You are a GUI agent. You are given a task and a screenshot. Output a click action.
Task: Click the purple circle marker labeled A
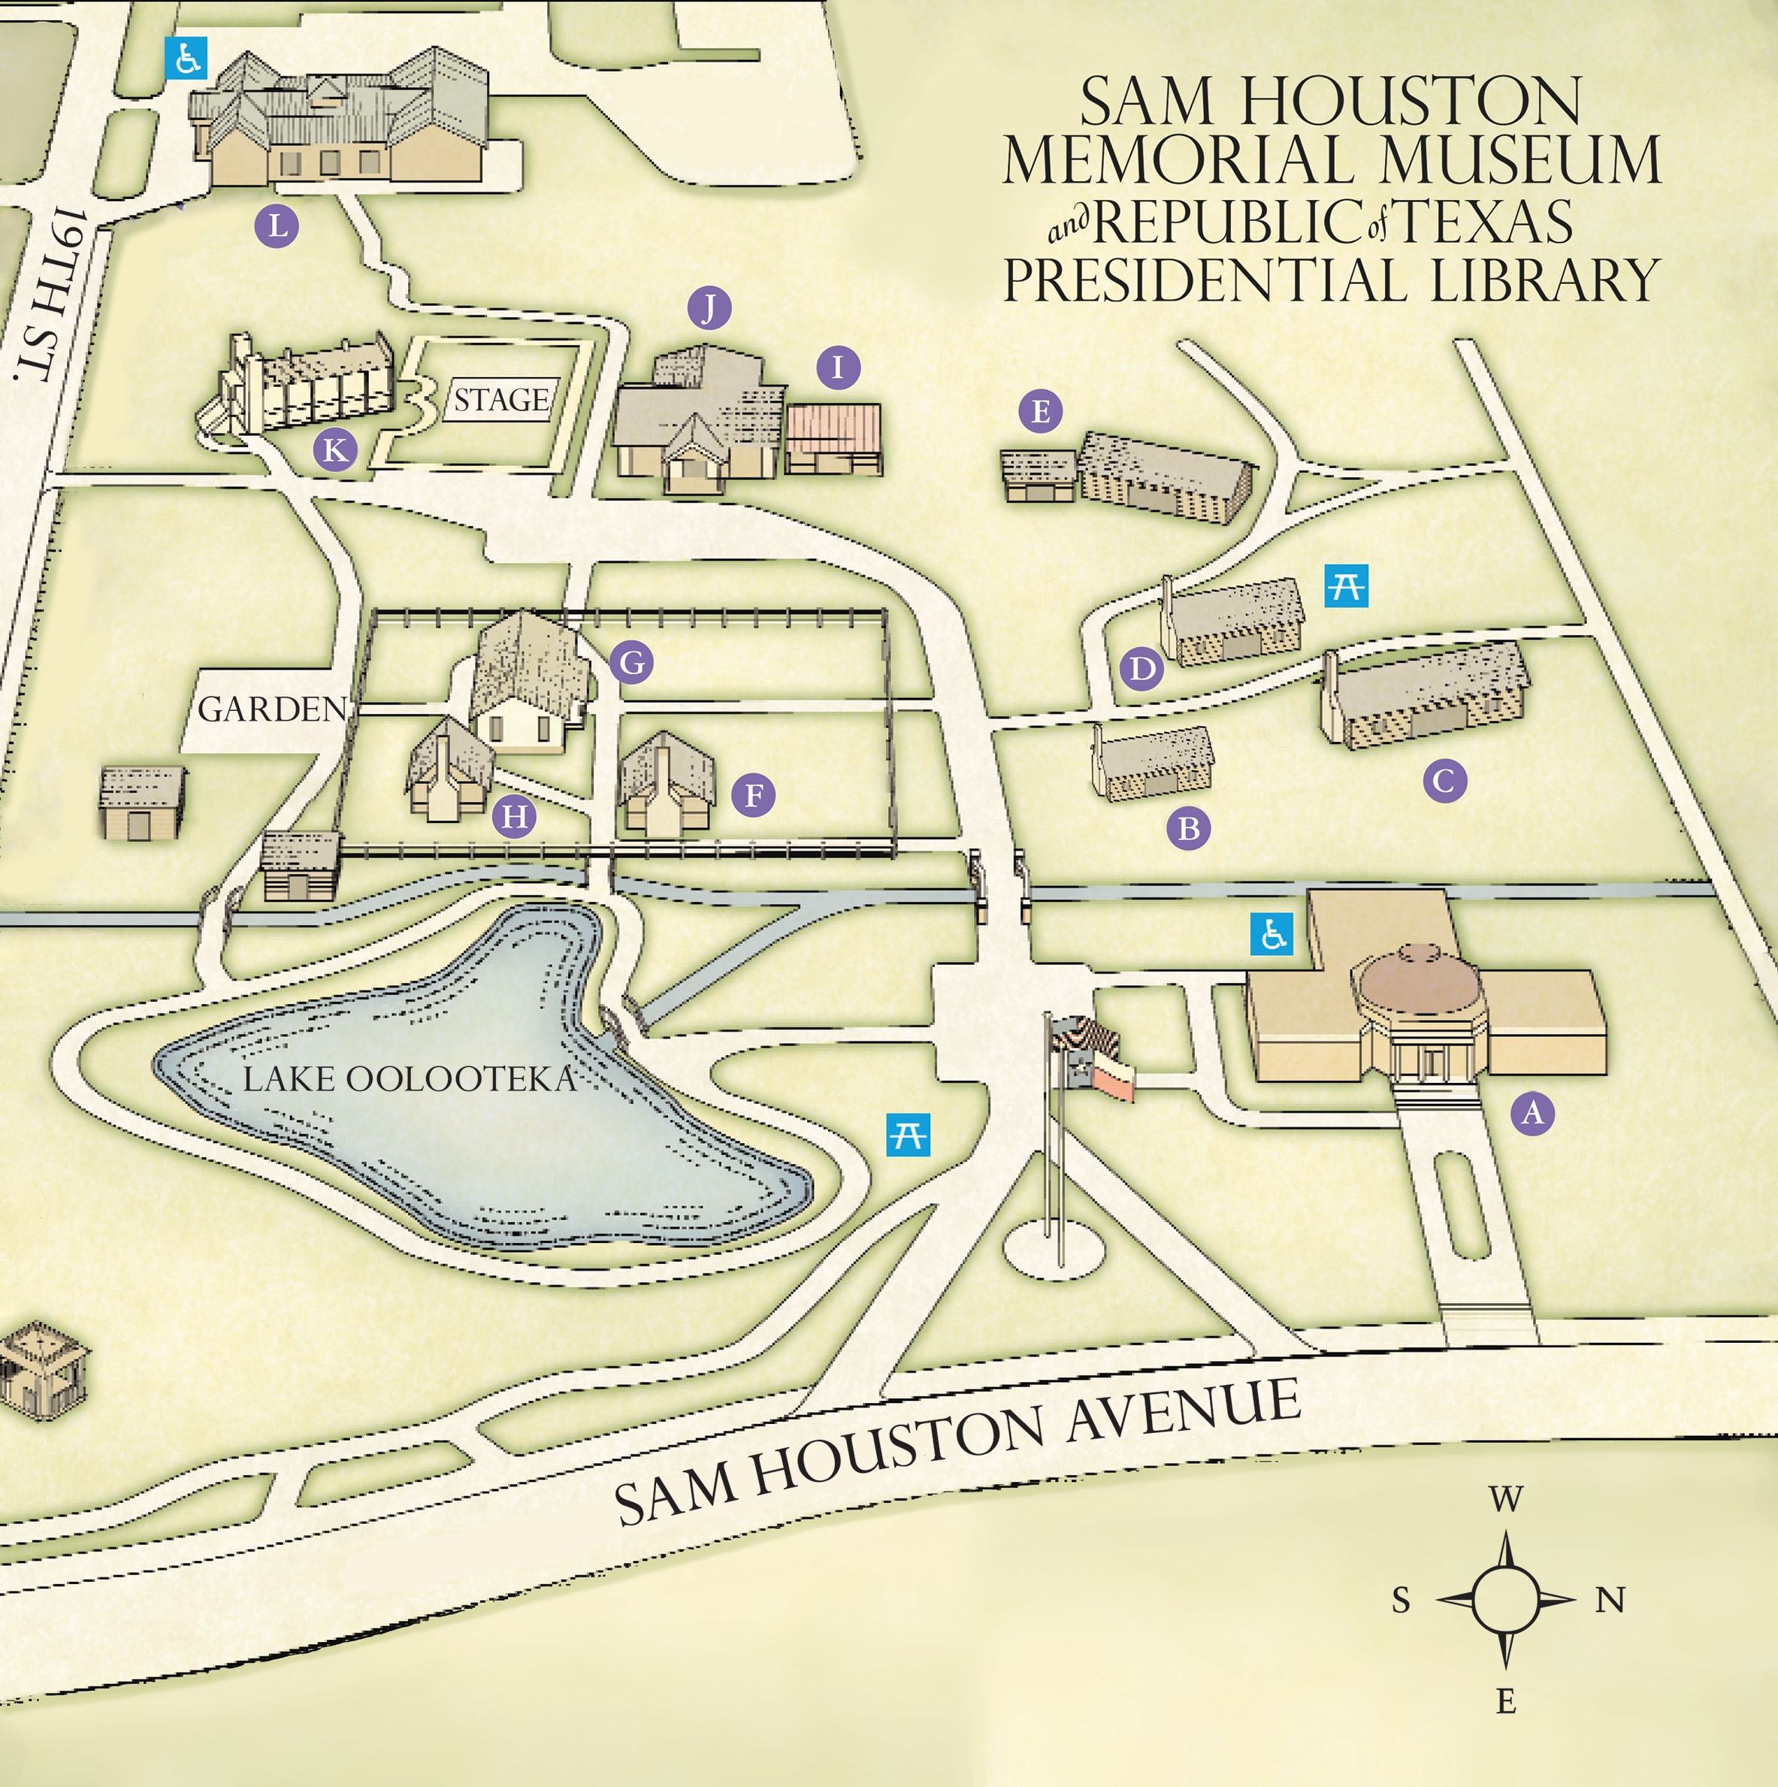tap(1532, 1113)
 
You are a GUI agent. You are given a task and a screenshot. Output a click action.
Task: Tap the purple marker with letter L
tap(277, 225)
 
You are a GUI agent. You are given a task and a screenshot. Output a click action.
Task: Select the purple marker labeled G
tap(631, 662)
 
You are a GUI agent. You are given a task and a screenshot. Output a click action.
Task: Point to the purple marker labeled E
tap(1041, 410)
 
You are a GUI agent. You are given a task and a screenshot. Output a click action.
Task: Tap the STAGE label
tap(500, 400)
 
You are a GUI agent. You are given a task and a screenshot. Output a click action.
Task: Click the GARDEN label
tap(272, 709)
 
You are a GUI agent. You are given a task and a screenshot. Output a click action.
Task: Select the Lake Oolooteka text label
tap(409, 1078)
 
